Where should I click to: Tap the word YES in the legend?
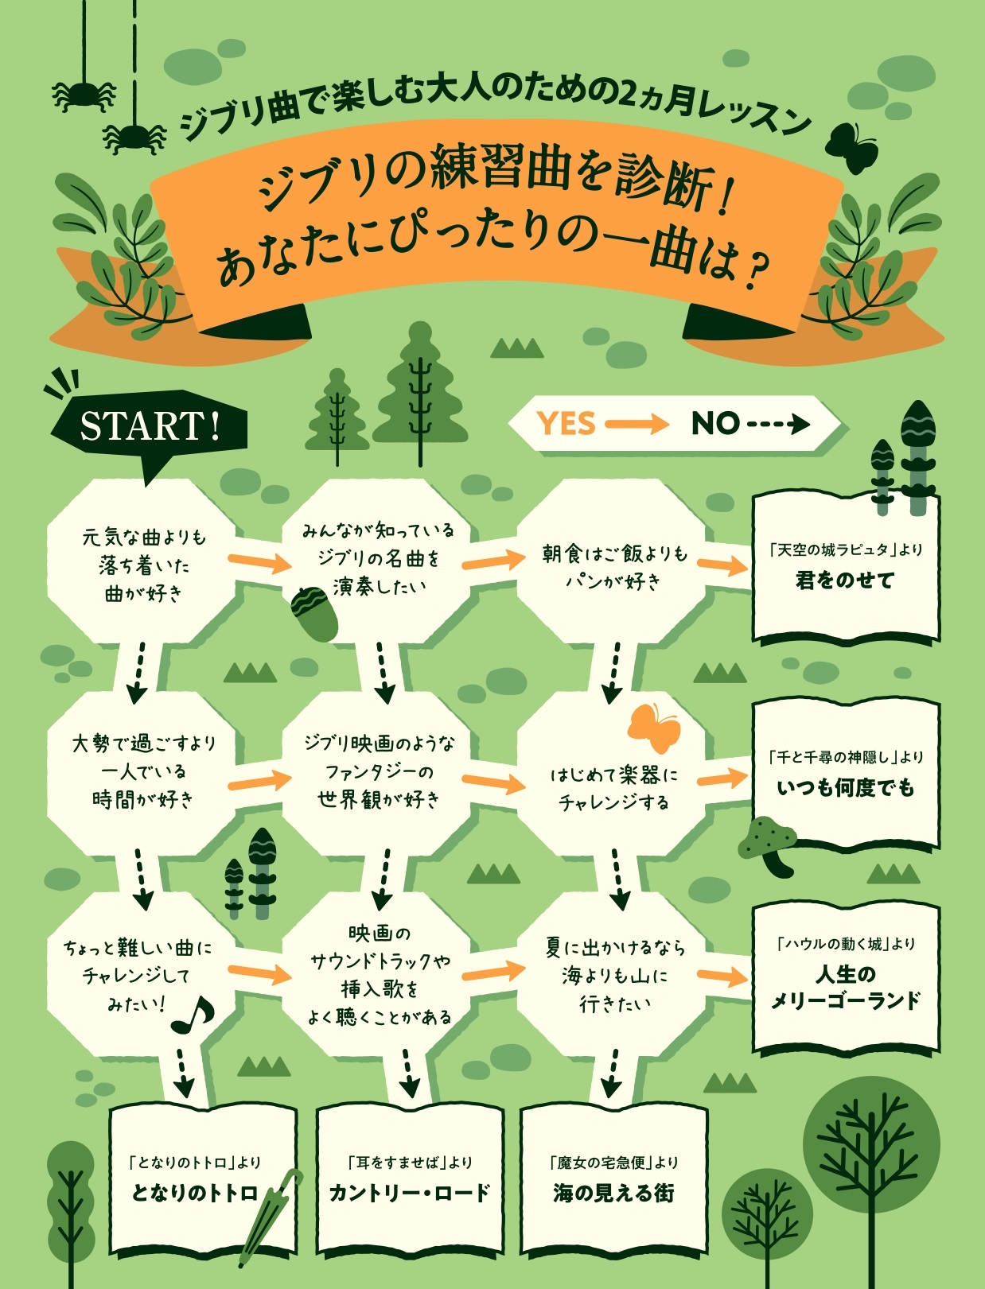566,423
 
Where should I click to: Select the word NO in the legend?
714,423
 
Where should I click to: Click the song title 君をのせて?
845,580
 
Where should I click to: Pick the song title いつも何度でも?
846,788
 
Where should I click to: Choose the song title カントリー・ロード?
410,1194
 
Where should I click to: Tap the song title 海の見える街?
613,1194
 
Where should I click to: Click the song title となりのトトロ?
194,1194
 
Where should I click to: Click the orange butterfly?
654,727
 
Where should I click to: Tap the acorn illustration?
315,612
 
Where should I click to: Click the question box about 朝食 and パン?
611,567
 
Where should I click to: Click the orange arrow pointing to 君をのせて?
722,565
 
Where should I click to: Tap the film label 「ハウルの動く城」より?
845,944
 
